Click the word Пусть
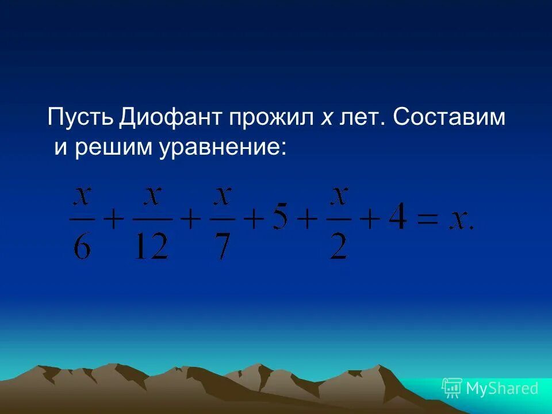coord(81,118)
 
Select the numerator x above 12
coord(152,197)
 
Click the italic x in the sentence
coord(326,118)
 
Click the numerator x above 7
coord(222,197)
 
